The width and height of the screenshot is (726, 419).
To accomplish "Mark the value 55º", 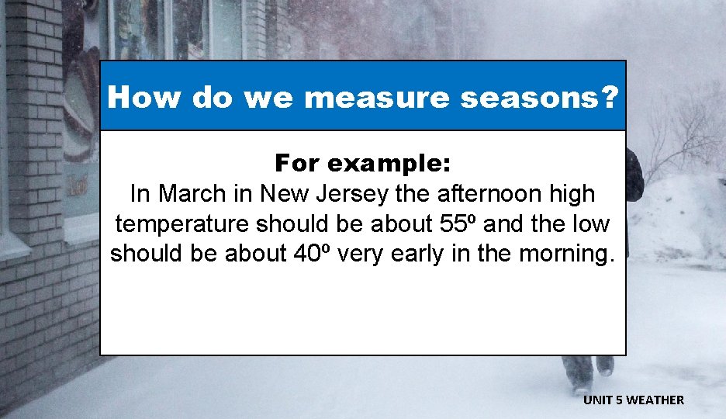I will coord(451,223).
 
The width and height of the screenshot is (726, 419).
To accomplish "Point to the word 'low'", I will coord(590,223).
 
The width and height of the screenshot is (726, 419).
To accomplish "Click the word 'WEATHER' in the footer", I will coord(655,400).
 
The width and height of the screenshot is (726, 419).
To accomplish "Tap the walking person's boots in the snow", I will coord(589,372).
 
